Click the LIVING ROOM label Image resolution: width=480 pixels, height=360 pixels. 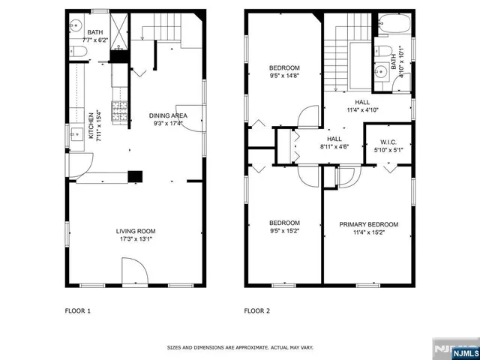(x=135, y=231)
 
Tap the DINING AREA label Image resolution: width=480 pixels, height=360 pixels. (x=167, y=115)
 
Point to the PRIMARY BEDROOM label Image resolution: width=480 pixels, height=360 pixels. (x=368, y=224)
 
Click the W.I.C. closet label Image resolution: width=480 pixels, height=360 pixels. (x=388, y=142)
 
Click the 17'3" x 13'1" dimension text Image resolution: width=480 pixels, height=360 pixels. (x=135, y=240)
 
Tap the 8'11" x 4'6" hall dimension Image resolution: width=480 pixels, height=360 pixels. (x=334, y=147)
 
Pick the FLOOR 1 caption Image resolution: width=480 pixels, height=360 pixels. (x=78, y=310)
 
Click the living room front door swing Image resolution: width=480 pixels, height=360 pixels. (x=132, y=271)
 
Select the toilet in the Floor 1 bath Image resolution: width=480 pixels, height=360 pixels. (x=80, y=51)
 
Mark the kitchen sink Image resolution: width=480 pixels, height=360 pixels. (x=76, y=136)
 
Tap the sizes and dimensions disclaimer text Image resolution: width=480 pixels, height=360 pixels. (x=240, y=348)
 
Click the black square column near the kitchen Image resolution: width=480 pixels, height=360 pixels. (x=134, y=176)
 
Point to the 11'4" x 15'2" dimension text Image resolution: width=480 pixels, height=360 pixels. (x=368, y=232)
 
